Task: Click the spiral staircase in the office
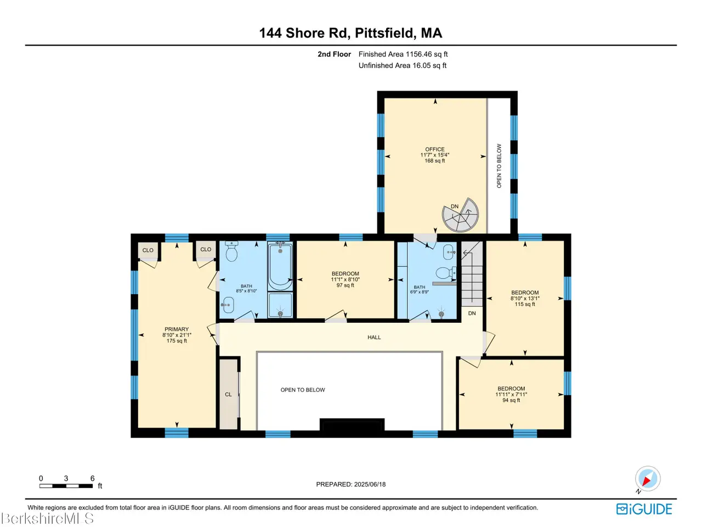tap(460, 215)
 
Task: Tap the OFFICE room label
tap(434, 149)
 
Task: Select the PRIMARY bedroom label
tap(177, 329)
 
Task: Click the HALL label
tap(374, 337)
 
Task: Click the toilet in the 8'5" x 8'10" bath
tap(231, 251)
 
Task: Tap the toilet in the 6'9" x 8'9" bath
tap(446, 273)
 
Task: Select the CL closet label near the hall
tap(228, 394)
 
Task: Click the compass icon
tap(648, 479)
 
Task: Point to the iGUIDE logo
tap(644, 509)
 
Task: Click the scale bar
tap(66, 486)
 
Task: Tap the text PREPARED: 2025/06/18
tap(351, 484)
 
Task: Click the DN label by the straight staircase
tap(472, 313)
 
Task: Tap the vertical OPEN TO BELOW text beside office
tap(499, 166)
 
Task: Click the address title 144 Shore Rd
tap(303, 33)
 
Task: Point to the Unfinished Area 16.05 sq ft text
tap(403, 65)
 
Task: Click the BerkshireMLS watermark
tap(47, 518)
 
